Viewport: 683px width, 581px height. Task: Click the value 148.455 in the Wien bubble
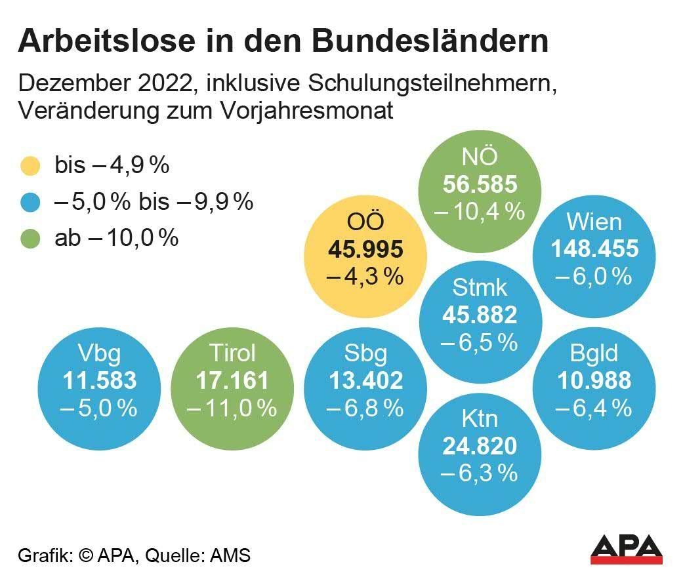coord(594,249)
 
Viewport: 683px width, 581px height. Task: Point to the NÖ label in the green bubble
coord(480,158)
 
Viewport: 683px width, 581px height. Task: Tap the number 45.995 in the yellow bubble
coord(365,250)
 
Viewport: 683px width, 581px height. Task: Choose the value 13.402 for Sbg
coord(365,380)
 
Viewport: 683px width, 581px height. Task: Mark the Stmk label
coord(480,287)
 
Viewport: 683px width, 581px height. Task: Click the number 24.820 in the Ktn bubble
coord(480,446)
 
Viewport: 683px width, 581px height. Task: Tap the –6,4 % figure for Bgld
coord(593,408)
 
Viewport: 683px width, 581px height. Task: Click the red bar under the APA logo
coord(627,560)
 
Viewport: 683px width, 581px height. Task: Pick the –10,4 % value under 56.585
coord(480,211)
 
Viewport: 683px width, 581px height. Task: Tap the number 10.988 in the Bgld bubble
coord(594,380)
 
